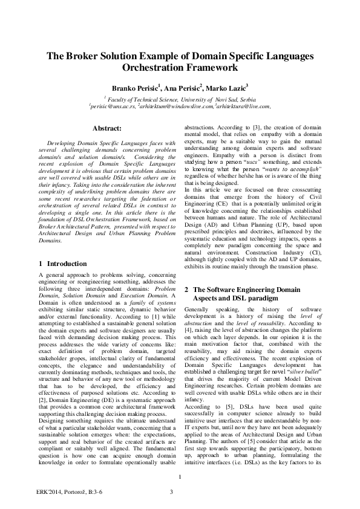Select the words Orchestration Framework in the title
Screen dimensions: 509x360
180,68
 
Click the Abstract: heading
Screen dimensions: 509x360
106,128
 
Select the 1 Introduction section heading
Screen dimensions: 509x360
59,264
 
